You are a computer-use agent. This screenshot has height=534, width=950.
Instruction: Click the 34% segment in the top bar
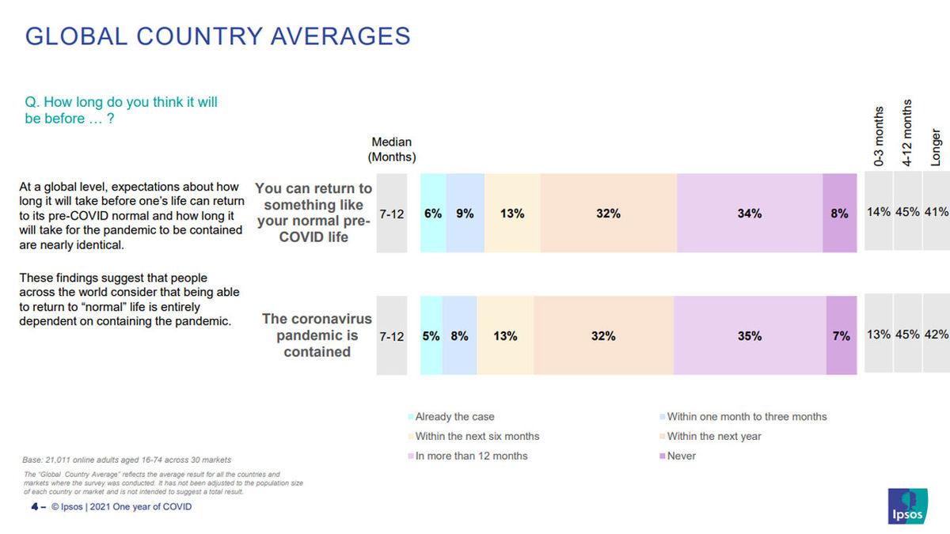[x=749, y=213]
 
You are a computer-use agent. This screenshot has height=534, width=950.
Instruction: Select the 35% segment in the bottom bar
[x=749, y=335]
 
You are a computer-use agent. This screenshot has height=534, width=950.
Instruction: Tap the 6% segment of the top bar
[x=433, y=213]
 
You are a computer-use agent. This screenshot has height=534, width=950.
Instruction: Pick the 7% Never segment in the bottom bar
[x=842, y=335]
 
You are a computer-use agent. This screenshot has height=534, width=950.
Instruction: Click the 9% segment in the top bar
[x=465, y=213]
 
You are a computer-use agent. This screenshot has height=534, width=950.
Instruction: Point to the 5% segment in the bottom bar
[x=431, y=335]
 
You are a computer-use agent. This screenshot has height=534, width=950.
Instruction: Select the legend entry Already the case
[x=454, y=417]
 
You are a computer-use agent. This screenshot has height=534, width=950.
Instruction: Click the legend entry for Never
[x=681, y=456]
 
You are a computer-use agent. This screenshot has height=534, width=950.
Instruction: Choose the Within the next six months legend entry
[x=477, y=437]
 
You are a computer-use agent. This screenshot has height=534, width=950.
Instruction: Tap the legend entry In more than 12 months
[x=471, y=456]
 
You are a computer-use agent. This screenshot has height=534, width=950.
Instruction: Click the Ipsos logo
[x=908, y=506]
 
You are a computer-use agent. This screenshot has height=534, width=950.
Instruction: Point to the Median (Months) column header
[x=392, y=150]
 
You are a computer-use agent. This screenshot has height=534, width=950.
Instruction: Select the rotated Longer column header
[x=937, y=146]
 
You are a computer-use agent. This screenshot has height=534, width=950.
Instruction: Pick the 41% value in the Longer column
[x=937, y=212]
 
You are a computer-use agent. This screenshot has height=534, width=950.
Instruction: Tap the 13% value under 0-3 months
[x=879, y=335]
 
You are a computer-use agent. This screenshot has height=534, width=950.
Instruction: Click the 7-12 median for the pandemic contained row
[x=392, y=336]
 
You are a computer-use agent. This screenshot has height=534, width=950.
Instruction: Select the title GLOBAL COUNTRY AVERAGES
[x=218, y=36]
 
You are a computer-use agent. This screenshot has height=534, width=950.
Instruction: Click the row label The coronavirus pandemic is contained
[x=317, y=335]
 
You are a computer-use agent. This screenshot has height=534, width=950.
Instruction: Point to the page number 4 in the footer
[x=34, y=506]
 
